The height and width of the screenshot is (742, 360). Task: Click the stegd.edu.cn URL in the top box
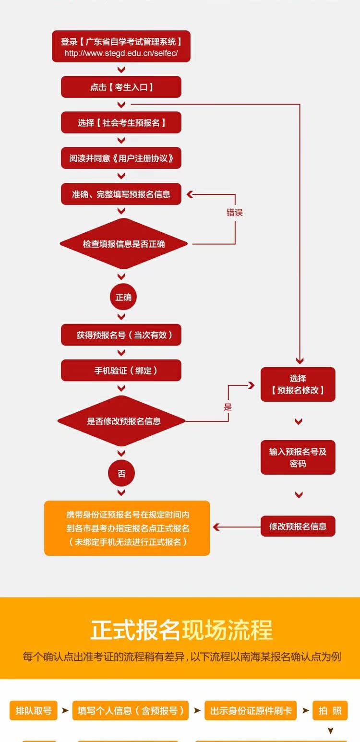[x=121, y=53]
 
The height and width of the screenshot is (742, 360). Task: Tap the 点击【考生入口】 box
[x=121, y=87]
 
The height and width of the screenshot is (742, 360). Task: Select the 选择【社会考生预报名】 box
[x=121, y=122]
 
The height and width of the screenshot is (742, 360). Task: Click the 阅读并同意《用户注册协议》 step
[x=121, y=158]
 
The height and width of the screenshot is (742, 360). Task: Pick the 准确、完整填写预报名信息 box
[x=121, y=194]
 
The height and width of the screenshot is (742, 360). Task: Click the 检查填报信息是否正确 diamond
[x=123, y=244]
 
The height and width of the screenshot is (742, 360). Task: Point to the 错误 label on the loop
[x=235, y=212]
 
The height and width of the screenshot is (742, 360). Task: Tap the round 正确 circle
[x=123, y=297]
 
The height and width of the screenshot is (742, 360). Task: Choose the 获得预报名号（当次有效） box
[x=121, y=335]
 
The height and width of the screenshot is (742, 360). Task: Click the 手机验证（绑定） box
[x=121, y=371]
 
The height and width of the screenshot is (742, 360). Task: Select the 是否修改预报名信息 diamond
[x=121, y=421]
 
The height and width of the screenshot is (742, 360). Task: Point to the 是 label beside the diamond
[x=228, y=407]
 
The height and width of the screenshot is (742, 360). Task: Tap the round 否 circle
[x=121, y=473]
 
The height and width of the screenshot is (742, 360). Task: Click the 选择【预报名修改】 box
[x=298, y=384]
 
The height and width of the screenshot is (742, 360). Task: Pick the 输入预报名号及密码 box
[x=298, y=457]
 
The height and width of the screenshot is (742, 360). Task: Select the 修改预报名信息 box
[x=298, y=526]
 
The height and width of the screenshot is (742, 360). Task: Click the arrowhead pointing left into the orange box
[x=216, y=527]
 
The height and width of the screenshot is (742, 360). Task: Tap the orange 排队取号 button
[x=34, y=710]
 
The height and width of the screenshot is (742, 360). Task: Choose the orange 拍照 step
[x=330, y=710]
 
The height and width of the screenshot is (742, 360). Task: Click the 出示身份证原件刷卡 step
[x=251, y=710]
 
